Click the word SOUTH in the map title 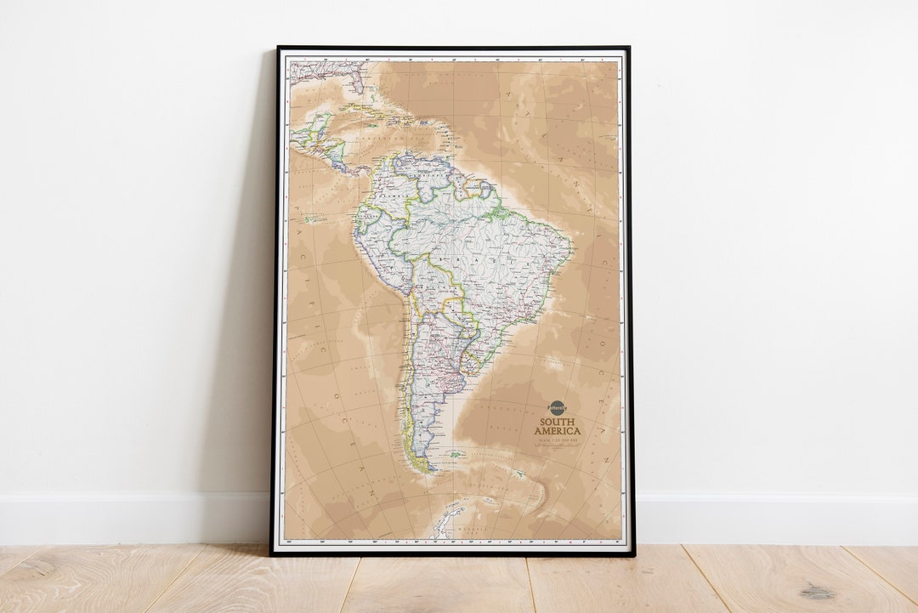557,422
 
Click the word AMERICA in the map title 557,431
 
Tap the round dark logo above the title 557,408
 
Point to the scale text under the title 557,440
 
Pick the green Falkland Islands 457,455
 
